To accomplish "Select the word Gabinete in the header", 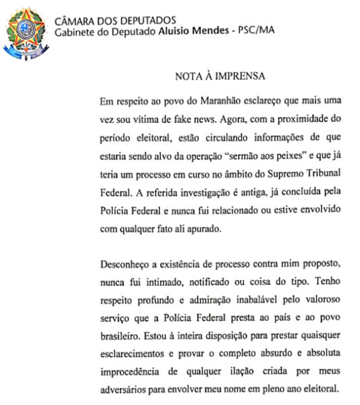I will coord(76,31).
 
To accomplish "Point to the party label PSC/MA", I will coord(254,31).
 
